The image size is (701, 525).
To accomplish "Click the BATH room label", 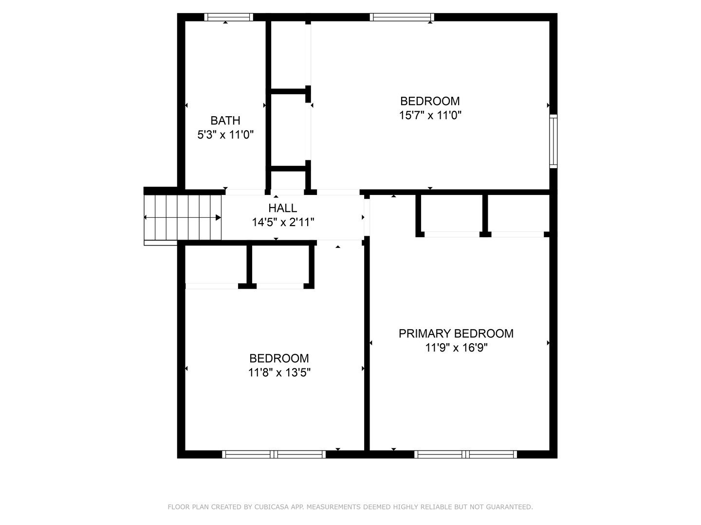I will (225, 121).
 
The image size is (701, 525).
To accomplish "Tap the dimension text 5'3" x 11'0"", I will (225, 135).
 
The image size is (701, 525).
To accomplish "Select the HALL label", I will (282, 209).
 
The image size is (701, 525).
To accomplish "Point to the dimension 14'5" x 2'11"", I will (282, 223).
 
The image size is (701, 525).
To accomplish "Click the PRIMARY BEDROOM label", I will (456, 333).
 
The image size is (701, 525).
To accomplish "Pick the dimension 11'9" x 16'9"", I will (456, 348).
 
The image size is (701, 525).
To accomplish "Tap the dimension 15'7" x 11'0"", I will (430, 116).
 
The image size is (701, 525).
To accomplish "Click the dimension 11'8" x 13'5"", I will (279, 373).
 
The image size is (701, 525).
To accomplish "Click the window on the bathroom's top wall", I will (228, 17).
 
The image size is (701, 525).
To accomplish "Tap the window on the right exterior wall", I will (553, 141).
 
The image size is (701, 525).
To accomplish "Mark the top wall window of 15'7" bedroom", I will (402, 17).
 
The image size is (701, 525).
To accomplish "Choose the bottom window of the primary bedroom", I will (465, 455).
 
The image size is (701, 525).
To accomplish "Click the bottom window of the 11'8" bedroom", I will (274, 455).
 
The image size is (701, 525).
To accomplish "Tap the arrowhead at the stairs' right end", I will (218, 217).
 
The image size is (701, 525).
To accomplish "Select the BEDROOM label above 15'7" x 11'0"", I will (430, 101).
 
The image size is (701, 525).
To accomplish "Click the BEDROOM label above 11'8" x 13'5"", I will (279, 359).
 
